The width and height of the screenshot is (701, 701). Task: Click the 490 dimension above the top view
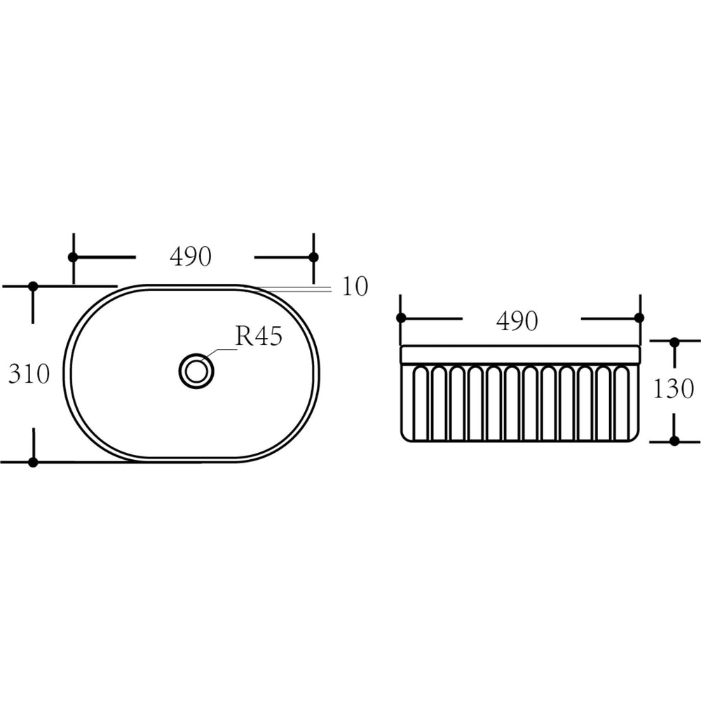(191, 257)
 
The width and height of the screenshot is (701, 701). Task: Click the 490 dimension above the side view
(517, 321)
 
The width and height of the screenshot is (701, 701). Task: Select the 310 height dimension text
(29, 374)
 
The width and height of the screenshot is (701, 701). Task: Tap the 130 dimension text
(673, 388)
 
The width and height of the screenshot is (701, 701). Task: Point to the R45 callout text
(259, 336)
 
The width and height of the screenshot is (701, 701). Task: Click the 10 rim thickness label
(355, 286)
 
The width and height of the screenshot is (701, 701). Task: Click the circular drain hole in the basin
(196, 371)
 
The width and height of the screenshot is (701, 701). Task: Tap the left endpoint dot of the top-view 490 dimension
(73, 257)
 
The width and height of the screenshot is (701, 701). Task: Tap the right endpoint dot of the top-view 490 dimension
(313, 257)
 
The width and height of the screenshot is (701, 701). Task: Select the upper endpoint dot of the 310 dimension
(33, 286)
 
